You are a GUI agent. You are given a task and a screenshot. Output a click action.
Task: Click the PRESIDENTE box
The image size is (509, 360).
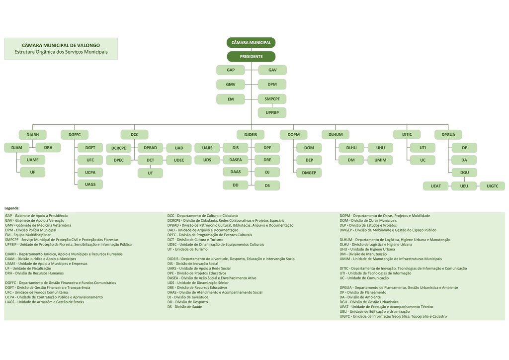[251, 57]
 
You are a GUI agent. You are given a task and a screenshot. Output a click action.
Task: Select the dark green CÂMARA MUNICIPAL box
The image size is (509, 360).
[251, 43]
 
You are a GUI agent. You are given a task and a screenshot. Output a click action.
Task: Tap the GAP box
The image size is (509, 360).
[231, 70]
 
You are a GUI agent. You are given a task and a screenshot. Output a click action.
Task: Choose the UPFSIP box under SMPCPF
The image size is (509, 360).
[272, 113]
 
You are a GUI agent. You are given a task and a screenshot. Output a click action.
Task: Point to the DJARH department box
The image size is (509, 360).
[33, 134]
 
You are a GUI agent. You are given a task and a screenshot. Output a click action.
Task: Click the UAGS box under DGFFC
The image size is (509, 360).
[90, 184]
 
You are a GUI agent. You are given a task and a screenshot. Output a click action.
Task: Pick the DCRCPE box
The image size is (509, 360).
[118, 148]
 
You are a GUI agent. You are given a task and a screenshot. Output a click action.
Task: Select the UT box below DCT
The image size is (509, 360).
[150, 173]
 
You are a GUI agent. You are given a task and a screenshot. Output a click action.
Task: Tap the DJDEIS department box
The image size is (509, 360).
[251, 134]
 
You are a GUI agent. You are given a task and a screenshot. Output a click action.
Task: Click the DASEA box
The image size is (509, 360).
[236, 160]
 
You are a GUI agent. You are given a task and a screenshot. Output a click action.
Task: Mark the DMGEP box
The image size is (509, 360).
[309, 173]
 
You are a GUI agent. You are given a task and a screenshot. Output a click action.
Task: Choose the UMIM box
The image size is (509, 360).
[380, 160]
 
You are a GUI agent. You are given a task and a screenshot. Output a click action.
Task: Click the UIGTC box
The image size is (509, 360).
[492, 186]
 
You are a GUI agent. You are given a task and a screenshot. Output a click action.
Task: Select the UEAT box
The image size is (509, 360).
[436, 186]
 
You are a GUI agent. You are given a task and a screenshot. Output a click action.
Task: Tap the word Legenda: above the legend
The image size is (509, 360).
[12, 208]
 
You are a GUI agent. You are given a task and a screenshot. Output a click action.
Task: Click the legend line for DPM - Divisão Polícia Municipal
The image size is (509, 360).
[31, 230]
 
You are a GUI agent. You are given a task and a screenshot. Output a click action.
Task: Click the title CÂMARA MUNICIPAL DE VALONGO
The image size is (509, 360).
[61, 45]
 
